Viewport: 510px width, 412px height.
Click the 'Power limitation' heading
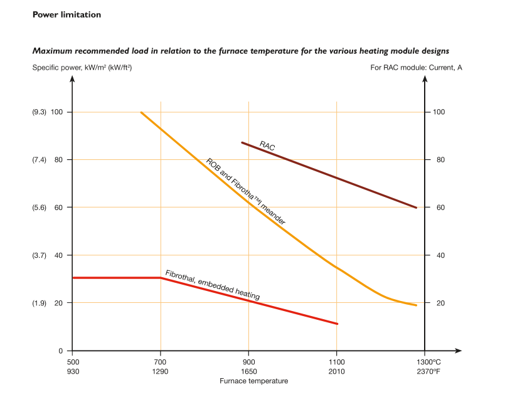pos(66,15)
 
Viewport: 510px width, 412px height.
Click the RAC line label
pos(268,145)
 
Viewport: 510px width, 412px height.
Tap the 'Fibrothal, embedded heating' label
pos(212,285)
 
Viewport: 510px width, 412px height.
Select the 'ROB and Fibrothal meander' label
pos(246,191)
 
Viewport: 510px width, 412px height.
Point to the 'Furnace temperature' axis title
pos(253,381)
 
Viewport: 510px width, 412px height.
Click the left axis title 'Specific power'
pos(82,67)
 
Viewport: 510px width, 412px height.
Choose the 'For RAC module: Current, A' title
pos(416,67)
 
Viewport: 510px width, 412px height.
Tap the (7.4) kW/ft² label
pos(40,160)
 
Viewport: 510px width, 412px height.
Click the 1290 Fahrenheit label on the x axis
pos(161,371)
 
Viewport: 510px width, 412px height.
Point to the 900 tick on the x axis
pos(249,362)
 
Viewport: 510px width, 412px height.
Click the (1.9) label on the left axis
pos(40,303)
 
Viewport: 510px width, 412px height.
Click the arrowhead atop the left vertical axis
pos(73,82)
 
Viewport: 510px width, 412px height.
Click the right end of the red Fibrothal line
pos(337,324)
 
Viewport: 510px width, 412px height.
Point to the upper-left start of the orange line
pos(141,112)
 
